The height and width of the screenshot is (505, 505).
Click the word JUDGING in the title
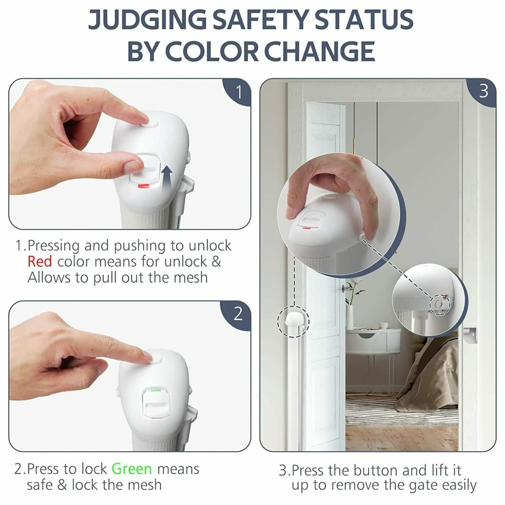point(147,19)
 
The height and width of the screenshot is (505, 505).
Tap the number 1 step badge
point(238,92)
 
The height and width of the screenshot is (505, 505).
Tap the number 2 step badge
point(238,314)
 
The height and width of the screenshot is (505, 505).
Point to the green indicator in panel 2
point(156,391)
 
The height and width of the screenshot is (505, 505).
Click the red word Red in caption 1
point(40,262)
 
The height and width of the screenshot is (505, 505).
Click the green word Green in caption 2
point(132,469)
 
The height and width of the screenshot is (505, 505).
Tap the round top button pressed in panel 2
point(155,359)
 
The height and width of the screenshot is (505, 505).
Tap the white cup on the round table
point(383,326)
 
